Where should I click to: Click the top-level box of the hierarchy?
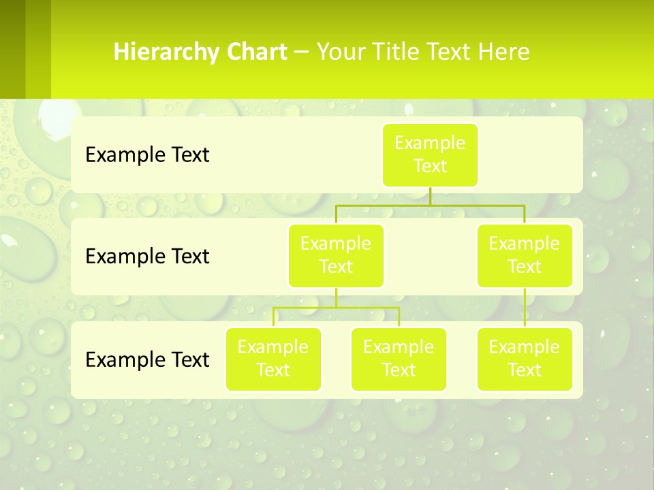[x=430, y=154]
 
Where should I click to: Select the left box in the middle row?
[x=336, y=255]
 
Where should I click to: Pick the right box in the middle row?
[x=525, y=255]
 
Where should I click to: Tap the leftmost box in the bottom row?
[x=273, y=359]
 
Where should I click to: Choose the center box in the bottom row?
[x=399, y=359]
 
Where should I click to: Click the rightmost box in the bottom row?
[x=525, y=359]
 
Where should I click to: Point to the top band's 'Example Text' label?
[x=147, y=155]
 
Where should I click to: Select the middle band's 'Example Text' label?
[x=147, y=257]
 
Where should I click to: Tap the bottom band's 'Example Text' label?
[x=147, y=359]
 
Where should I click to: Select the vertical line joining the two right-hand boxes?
[x=525, y=308]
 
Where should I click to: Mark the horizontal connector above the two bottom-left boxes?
[x=336, y=308]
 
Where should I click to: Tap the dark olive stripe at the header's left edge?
[x=13, y=49]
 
